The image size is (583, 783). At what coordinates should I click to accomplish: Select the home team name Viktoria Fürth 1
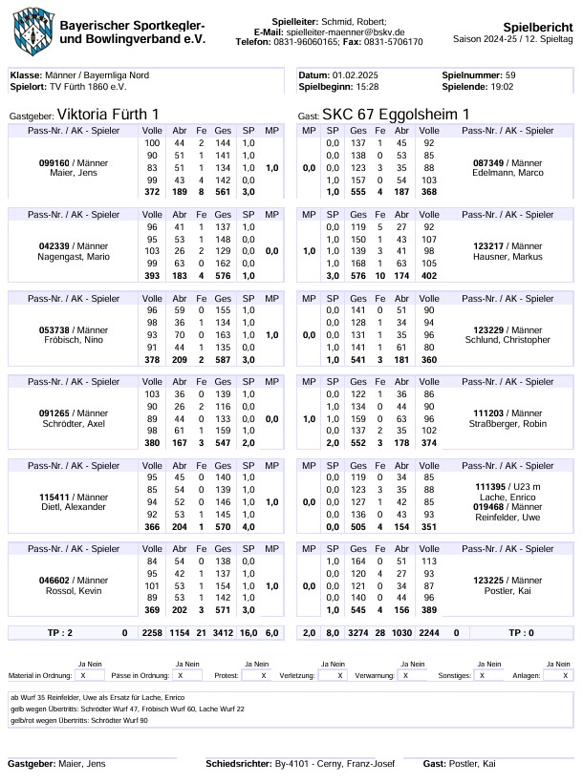coord(108,115)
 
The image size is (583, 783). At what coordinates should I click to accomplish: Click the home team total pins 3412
coord(223,631)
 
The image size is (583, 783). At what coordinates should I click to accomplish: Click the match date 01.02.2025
coord(356,74)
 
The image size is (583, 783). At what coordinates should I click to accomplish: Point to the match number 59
coord(510,74)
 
